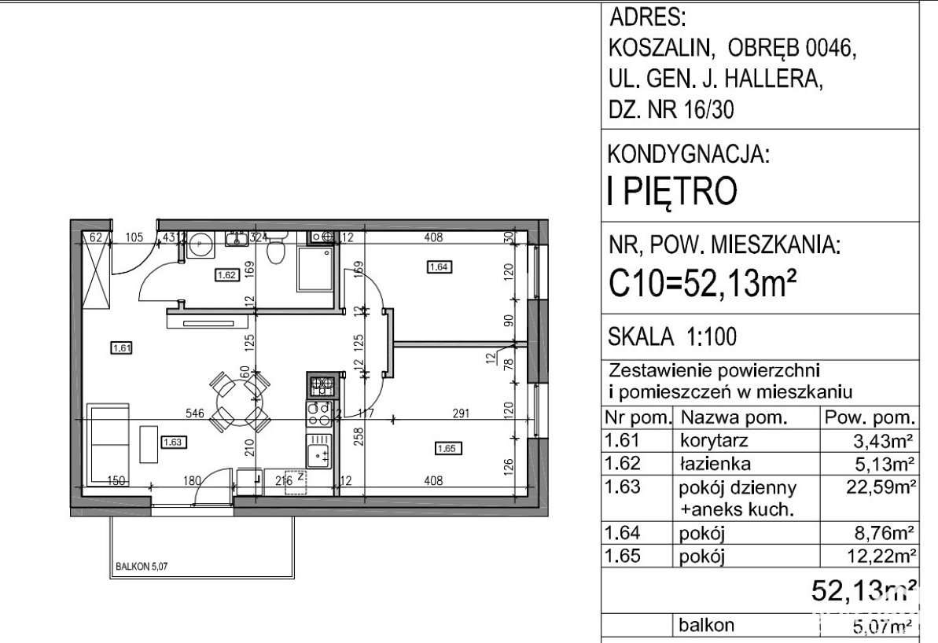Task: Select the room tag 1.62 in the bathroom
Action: pyautogui.click(x=226, y=275)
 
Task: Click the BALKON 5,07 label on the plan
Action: pyautogui.click(x=135, y=563)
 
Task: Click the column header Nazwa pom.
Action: pyautogui.click(x=734, y=417)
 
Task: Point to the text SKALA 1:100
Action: pyautogui.click(x=673, y=337)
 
